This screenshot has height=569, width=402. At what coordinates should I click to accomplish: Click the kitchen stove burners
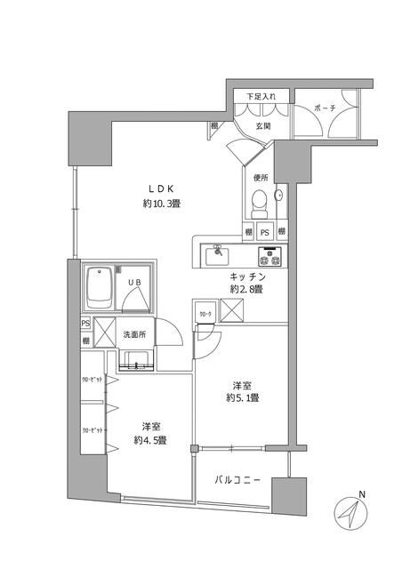tap(270, 257)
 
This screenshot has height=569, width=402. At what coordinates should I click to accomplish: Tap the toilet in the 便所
tap(259, 206)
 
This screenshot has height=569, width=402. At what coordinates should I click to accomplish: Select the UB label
tap(135, 282)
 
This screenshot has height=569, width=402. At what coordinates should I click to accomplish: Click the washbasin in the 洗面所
tap(136, 359)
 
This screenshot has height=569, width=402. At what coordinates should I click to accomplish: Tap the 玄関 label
tap(263, 126)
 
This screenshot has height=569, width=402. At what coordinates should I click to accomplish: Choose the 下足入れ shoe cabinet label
tap(261, 96)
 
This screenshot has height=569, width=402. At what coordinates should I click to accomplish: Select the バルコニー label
tap(237, 479)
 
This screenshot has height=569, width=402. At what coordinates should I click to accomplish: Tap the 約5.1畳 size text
tap(241, 397)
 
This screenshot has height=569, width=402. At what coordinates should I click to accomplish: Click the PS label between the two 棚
tap(264, 232)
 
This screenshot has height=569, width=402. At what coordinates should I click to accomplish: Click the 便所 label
tap(260, 177)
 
